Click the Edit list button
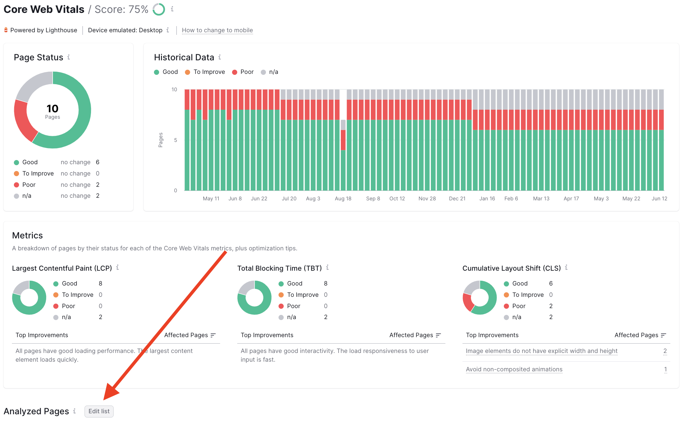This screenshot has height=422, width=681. tap(99, 411)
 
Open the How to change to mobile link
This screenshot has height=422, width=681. tap(217, 30)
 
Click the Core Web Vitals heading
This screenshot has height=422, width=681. tap(44, 9)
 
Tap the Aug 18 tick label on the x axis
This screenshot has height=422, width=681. tap(343, 199)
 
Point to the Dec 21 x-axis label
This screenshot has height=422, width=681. tap(457, 199)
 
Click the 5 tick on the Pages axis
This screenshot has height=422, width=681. tap(176, 140)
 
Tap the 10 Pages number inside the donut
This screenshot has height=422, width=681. tap(52, 109)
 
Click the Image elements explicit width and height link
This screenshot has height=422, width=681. tap(541, 351)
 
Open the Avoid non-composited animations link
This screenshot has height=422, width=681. tap(514, 369)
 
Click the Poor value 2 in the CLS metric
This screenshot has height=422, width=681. tap(551, 306)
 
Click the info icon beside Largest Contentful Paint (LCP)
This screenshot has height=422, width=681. tap(117, 267)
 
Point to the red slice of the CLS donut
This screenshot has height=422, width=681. tap(467, 303)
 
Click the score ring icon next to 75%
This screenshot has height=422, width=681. tap(158, 9)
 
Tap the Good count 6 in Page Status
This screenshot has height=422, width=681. tap(97, 162)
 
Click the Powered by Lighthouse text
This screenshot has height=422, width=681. tap(44, 30)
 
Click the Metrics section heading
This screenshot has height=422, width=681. tap(27, 236)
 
